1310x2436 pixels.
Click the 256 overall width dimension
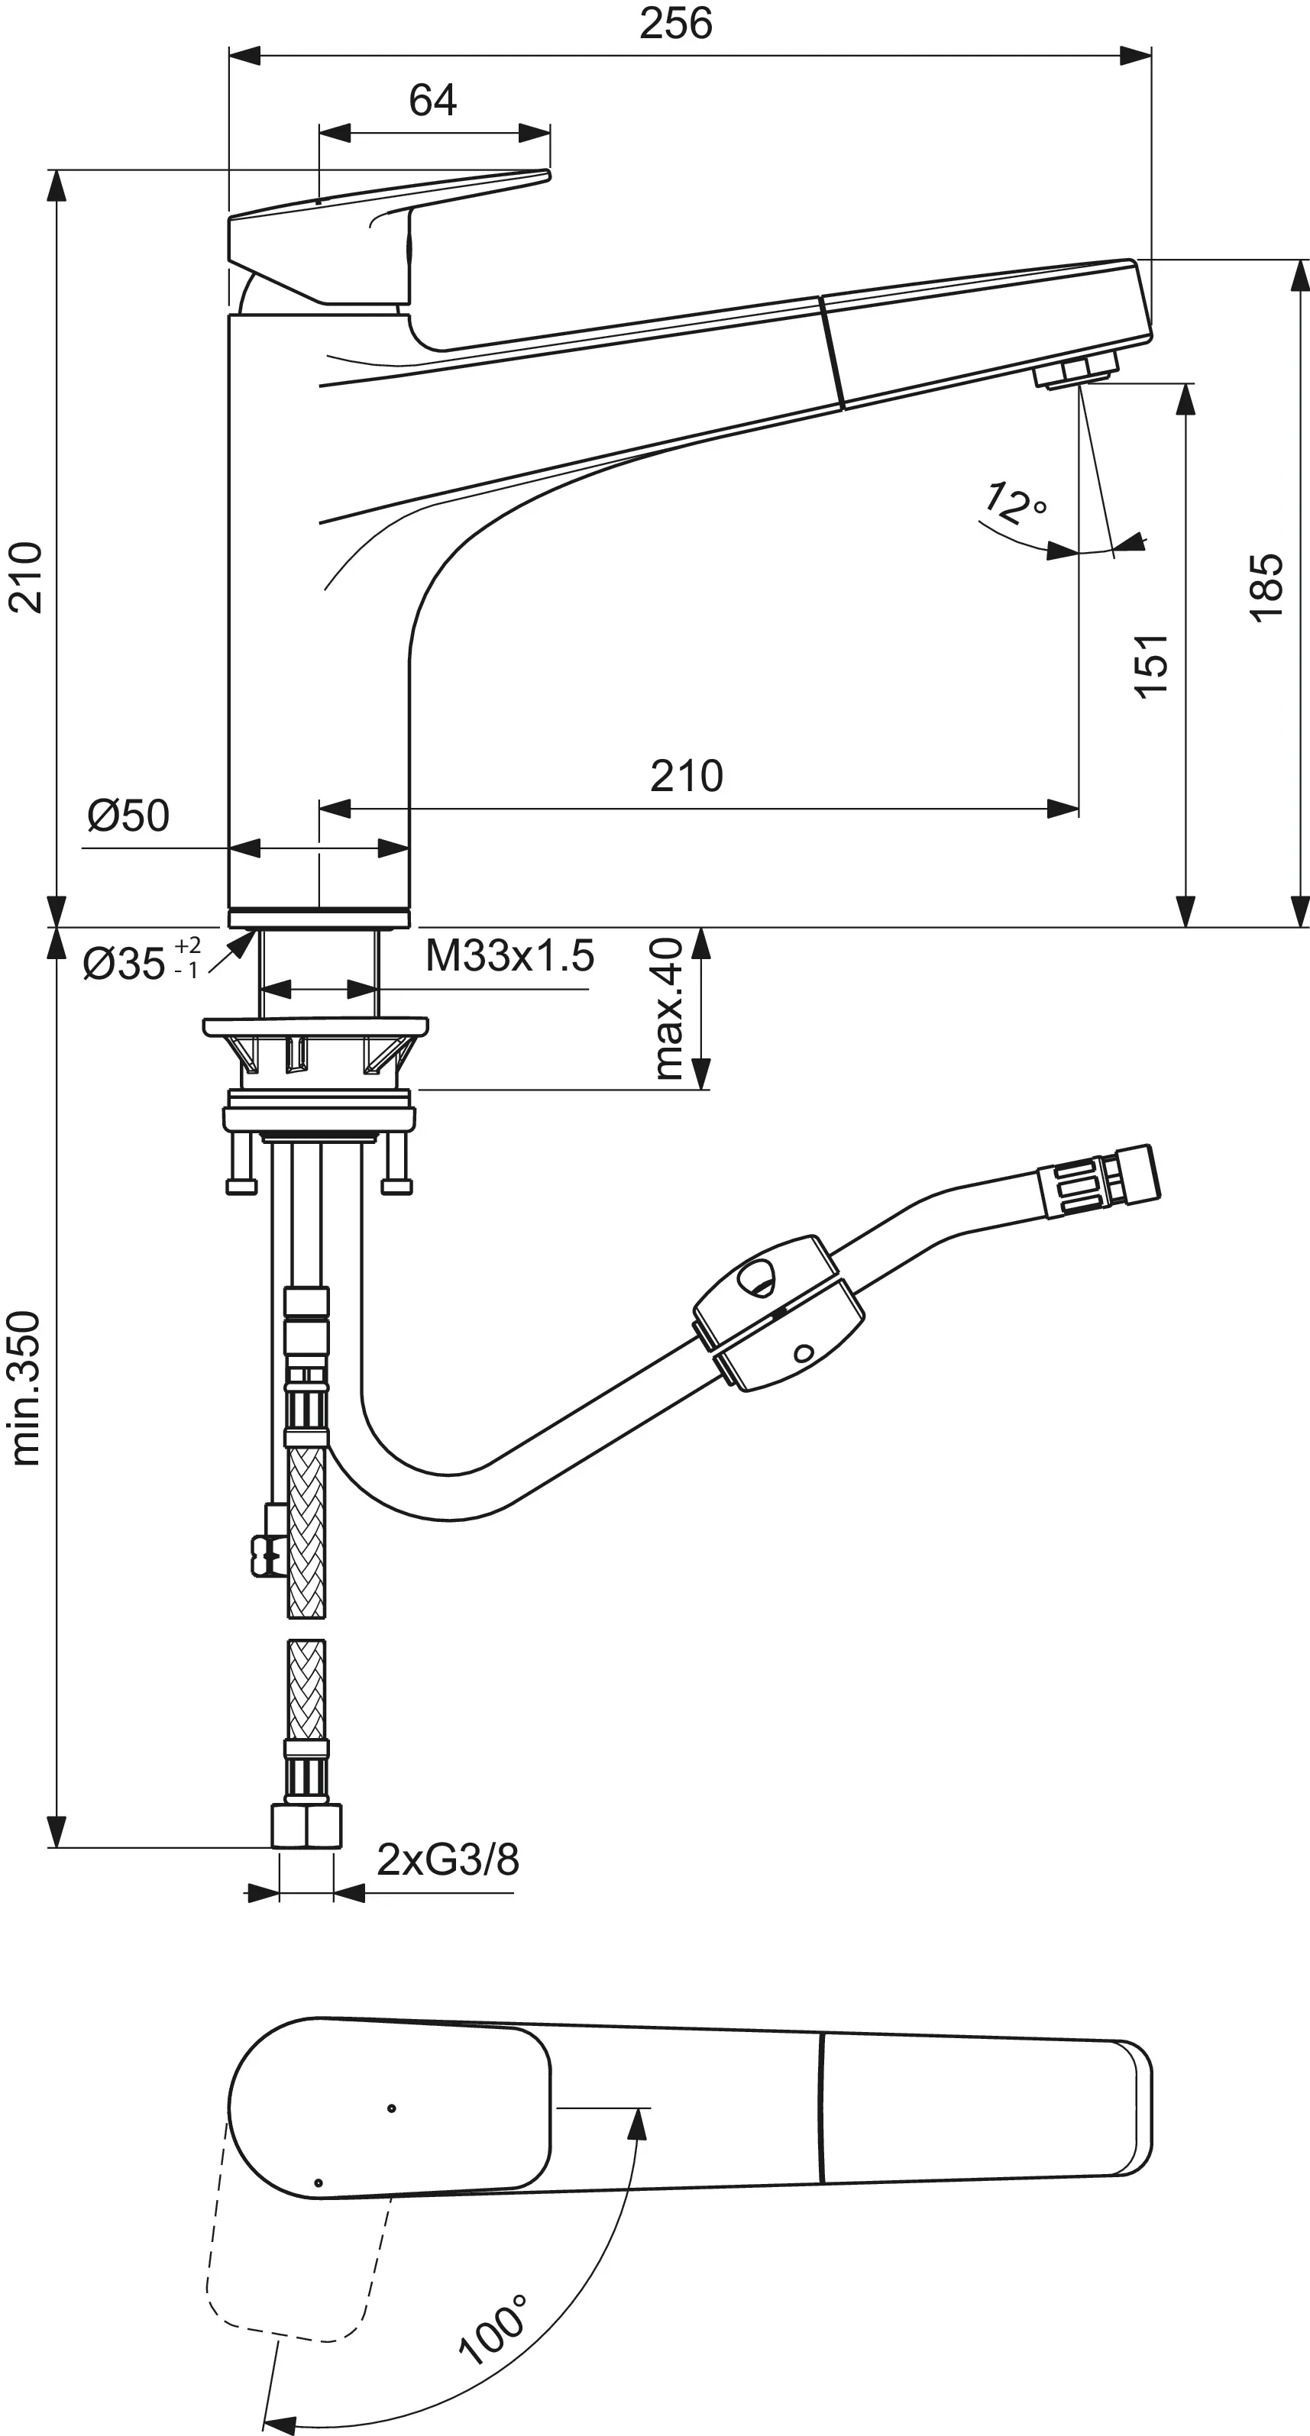click(675, 23)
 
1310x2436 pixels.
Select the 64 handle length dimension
click(432, 100)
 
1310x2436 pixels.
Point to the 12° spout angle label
click(1015, 503)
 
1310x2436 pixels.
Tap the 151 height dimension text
click(1151, 666)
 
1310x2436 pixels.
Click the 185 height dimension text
click(1266, 587)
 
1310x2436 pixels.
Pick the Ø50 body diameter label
click(128, 815)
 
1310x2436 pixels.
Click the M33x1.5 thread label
click(509, 955)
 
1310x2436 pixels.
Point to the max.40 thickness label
click(668, 1008)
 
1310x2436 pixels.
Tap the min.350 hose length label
click(25, 1388)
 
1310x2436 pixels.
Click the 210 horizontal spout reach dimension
click(686, 777)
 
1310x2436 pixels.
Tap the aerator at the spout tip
click(1076, 369)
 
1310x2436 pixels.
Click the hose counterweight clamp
click(778, 1313)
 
